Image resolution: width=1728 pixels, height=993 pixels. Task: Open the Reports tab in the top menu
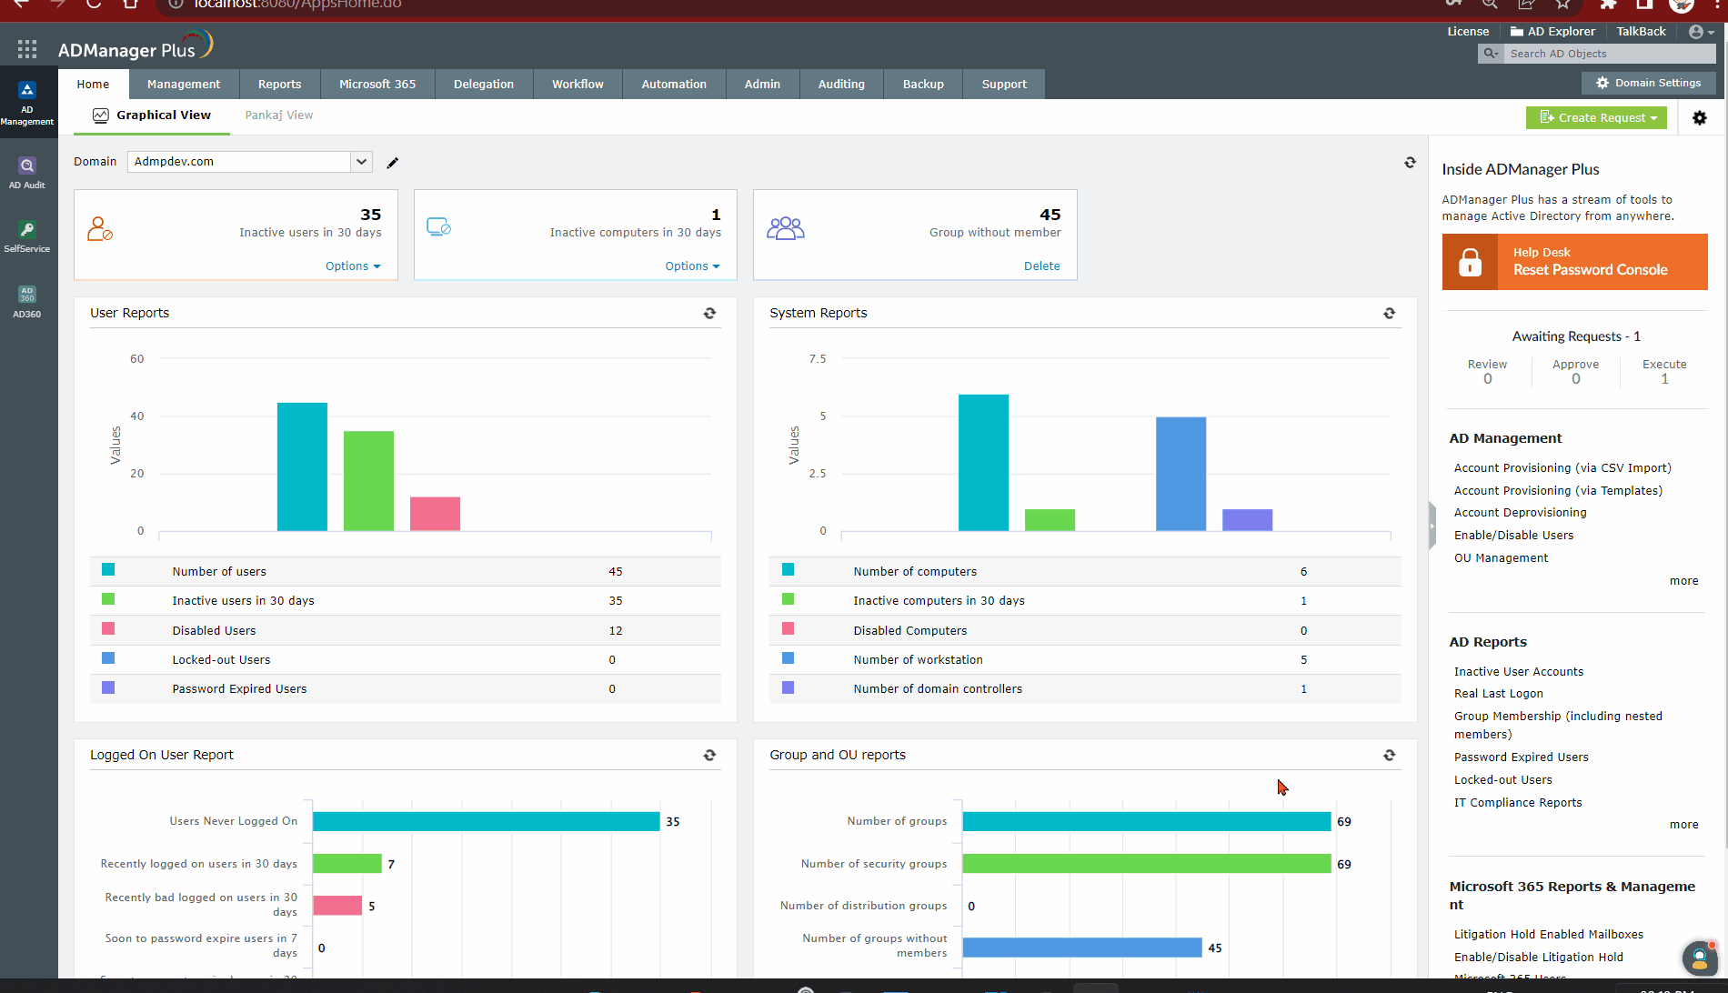(x=279, y=85)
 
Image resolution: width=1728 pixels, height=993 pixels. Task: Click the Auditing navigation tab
(x=841, y=85)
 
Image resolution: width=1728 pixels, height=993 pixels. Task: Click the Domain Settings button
(x=1648, y=83)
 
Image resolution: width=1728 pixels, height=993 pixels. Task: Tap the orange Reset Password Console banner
(x=1574, y=262)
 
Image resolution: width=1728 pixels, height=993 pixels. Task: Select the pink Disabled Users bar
(x=435, y=514)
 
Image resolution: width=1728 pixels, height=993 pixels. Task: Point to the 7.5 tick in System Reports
(x=818, y=359)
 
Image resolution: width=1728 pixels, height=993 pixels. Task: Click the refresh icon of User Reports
(x=709, y=313)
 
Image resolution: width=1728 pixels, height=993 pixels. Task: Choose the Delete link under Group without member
(x=1041, y=266)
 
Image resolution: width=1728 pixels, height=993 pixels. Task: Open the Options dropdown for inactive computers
(x=692, y=266)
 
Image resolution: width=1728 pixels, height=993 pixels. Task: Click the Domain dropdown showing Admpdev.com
(x=249, y=162)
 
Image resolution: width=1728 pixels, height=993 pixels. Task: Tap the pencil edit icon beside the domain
(x=393, y=163)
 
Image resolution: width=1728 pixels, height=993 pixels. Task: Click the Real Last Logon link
(x=1498, y=694)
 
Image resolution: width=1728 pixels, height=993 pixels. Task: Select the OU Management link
(x=1501, y=558)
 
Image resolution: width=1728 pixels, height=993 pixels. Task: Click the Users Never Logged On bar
(x=486, y=821)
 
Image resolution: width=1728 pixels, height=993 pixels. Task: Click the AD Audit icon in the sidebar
(x=27, y=172)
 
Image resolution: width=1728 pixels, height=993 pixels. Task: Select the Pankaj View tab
(x=278, y=115)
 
